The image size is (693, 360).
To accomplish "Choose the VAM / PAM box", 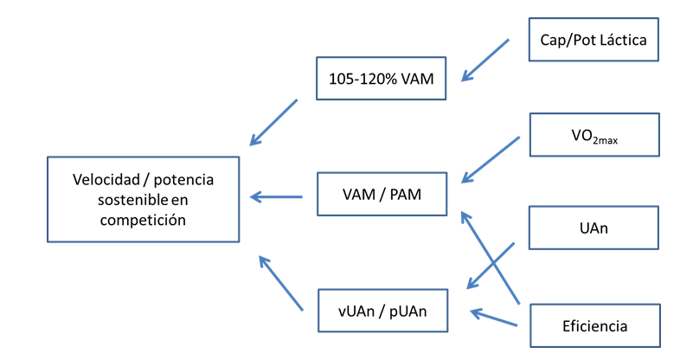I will point(382,196).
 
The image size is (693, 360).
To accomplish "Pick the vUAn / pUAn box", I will point(382,311).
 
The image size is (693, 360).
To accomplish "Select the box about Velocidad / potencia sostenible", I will point(143,199).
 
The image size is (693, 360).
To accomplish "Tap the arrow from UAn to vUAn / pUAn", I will point(491,266).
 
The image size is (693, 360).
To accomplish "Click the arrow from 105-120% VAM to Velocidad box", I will point(274,121).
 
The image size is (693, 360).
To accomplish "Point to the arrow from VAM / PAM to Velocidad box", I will point(277,197).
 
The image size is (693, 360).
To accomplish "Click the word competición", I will point(143,220).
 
